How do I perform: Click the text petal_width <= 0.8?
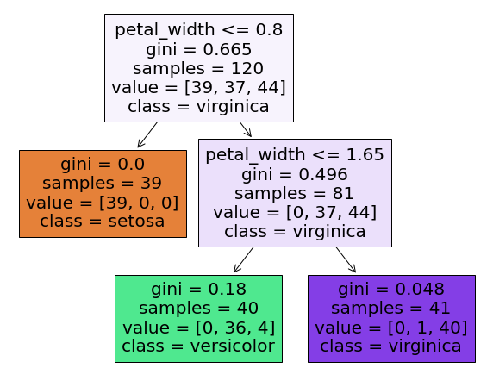pyautogui.click(x=199, y=30)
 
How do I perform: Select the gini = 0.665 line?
pyautogui.click(x=199, y=50)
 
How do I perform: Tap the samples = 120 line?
pyautogui.click(x=198, y=69)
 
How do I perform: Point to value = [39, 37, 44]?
pyautogui.click(x=199, y=87)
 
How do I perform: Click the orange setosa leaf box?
pyautogui.click(x=103, y=194)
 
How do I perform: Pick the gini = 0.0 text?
pyautogui.click(x=103, y=164)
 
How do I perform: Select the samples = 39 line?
pyautogui.click(x=103, y=183)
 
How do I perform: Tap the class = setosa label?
pyautogui.click(x=103, y=221)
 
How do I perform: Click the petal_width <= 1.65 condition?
pyautogui.click(x=295, y=155)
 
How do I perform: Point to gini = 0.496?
pyautogui.click(x=295, y=174)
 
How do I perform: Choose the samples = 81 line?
pyautogui.click(x=294, y=193)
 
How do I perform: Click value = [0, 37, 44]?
pyautogui.click(x=295, y=212)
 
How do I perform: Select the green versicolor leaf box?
pyautogui.click(x=199, y=319)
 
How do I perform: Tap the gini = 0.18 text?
pyautogui.click(x=199, y=290)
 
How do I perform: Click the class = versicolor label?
pyautogui.click(x=198, y=346)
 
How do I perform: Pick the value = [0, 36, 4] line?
pyautogui.click(x=199, y=328)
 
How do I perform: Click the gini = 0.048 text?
pyautogui.click(x=391, y=290)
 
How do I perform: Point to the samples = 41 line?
pyautogui.click(x=390, y=308)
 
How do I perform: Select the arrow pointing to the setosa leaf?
pyautogui.click(x=147, y=134)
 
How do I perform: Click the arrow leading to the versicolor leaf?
pyautogui.click(x=243, y=259)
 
